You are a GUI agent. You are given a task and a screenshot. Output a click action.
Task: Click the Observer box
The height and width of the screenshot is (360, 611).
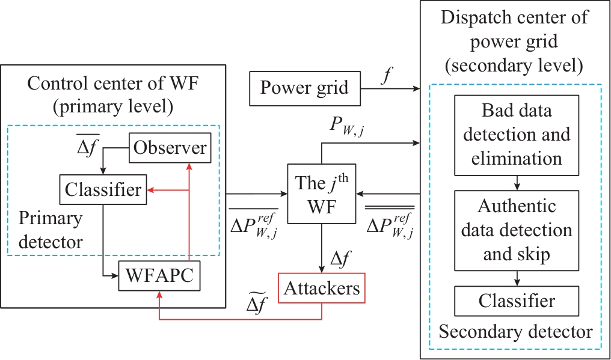(170, 148)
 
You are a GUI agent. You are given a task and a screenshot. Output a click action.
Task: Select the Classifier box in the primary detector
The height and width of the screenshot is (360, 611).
(103, 190)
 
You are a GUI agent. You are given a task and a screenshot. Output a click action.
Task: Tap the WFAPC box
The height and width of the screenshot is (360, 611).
(159, 276)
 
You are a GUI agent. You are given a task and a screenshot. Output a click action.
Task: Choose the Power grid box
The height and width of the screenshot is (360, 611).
(304, 88)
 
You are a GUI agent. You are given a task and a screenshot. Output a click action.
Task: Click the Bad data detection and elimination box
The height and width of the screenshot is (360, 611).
(517, 135)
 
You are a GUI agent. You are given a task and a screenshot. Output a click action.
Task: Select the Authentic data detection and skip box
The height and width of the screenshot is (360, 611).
(517, 230)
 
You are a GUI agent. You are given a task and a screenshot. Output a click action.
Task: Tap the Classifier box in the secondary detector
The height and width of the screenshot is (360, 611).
(517, 301)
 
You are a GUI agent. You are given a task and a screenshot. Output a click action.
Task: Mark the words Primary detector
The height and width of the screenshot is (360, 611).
(51, 230)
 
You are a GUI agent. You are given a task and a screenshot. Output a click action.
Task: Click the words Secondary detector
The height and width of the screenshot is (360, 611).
(516, 331)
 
